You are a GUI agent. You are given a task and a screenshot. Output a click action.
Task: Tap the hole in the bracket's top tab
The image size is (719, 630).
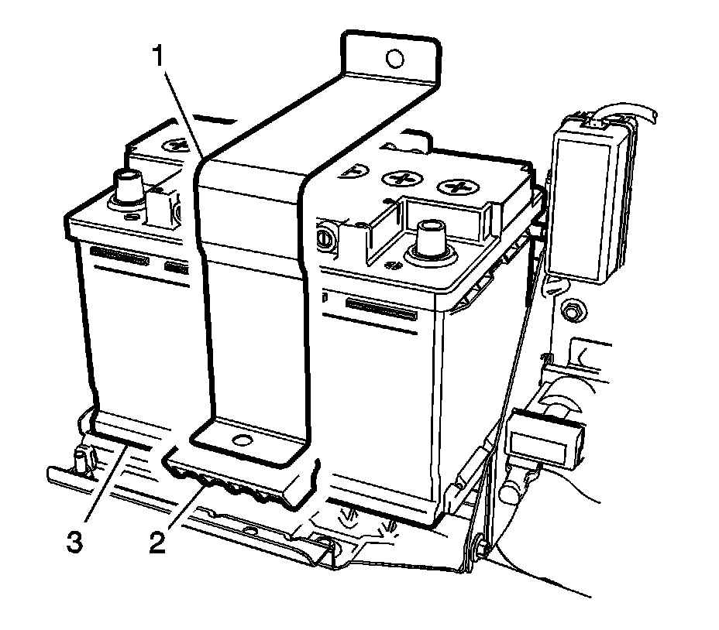point(394,57)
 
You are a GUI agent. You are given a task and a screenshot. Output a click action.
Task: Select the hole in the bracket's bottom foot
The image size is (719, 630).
point(243,442)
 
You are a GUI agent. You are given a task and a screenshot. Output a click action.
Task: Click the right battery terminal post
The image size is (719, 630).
point(428,235)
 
